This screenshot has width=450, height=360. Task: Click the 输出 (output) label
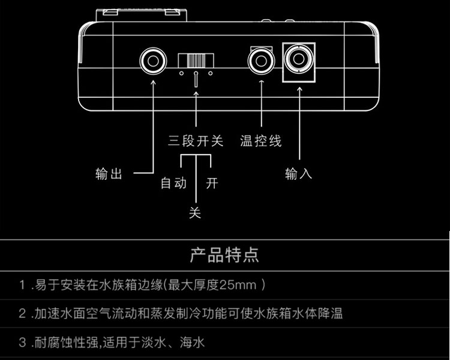click(109, 174)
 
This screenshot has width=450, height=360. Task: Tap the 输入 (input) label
click(298, 173)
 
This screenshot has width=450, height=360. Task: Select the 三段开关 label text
click(196, 141)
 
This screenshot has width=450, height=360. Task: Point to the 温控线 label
click(260, 141)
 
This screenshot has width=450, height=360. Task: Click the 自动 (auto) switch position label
click(173, 183)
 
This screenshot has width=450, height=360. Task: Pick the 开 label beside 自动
click(212, 183)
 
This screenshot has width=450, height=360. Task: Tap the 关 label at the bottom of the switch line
click(195, 213)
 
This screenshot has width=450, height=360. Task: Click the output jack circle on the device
click(153, 61)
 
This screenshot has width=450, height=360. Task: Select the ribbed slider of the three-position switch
click(196, 61)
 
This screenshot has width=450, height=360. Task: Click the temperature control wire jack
click(261, 61)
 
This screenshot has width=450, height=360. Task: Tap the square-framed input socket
click(299, 62)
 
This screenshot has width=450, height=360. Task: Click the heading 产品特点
click(224, 255)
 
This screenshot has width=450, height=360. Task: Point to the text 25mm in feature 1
click(238, 285)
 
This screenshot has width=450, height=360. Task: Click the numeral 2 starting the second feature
click(22, 313)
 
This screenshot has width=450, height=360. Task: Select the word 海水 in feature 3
click(192, 342)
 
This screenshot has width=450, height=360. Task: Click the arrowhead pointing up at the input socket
click(299, 89)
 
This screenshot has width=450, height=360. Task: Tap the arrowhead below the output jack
click(153, 82)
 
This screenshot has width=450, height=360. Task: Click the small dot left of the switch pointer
click(181, 73)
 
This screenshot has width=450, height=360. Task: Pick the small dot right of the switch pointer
click(211, 73)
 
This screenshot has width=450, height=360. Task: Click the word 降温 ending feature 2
click(330, 313)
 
